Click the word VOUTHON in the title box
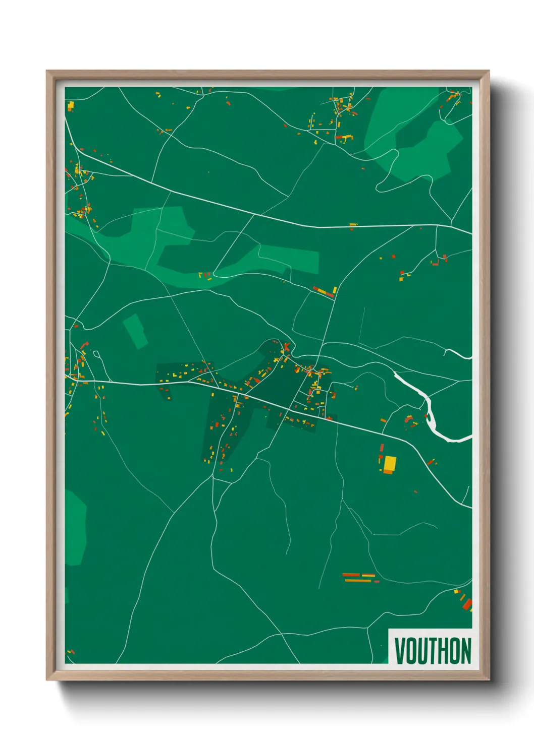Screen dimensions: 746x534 [x=433, y=651]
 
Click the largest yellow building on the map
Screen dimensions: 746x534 [x=390, y=463]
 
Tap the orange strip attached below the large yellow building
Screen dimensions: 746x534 [x=388, y=472]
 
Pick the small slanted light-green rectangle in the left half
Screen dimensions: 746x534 [x=135, y=331]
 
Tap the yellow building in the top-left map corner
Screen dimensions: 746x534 [x=71, y=105]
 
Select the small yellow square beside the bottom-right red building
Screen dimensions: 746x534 [x=456, y=591]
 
